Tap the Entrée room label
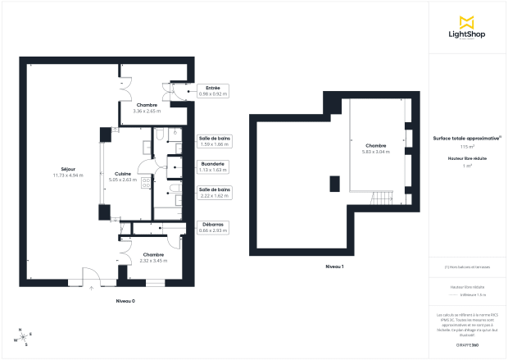pos(212,90)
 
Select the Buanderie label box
pos(212,167)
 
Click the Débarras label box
pos(212,228)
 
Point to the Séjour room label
pos(56,171)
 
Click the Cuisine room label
pos(122,175)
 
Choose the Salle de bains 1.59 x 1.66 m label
pos(215,141)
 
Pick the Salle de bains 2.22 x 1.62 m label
pos(215,193)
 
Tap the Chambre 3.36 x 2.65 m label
pos(147,107)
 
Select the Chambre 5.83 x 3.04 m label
pos(376,148)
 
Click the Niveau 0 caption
pos(125,302)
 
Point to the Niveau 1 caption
pos(334,267)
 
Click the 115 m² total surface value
pos(467,146)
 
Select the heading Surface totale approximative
pos(466,139)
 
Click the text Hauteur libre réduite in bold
pos(467,157)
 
